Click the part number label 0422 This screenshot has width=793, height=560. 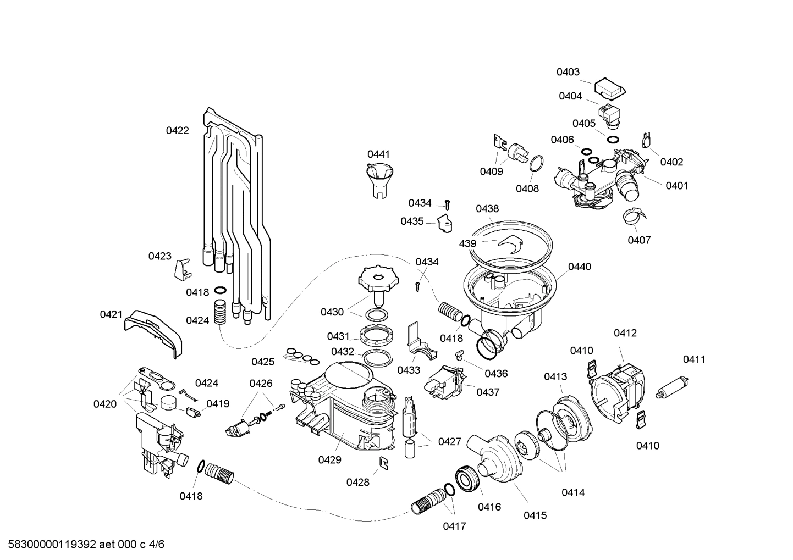[x=177, y=131]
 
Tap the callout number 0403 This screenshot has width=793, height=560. [x=568, y=72]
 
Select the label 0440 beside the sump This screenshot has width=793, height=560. [x=579, y=267]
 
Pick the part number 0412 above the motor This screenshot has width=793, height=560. [x=625, y=333]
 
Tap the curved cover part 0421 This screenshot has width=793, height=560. [x=153, y=331]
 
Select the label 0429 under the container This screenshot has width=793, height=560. [x=329, y=460]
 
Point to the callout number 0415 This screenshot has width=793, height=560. [x=535, y=515]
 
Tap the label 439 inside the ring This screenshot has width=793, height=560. [x=467, y=243]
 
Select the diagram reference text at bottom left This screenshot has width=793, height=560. [x=82, y=545]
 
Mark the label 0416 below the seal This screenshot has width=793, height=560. [x=489, y=507]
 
